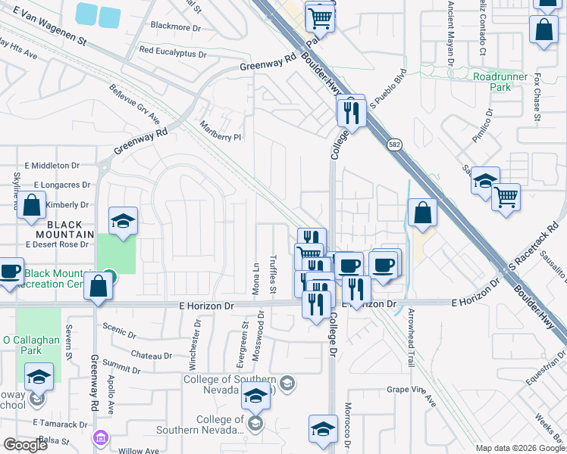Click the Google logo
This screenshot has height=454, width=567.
(25, 445)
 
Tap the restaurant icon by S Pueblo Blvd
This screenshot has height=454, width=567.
(351, 111)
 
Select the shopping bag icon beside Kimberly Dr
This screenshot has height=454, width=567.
(31, 206)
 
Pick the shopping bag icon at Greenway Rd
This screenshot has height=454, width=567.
(99, 286)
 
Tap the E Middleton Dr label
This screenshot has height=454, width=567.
(52, 165)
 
